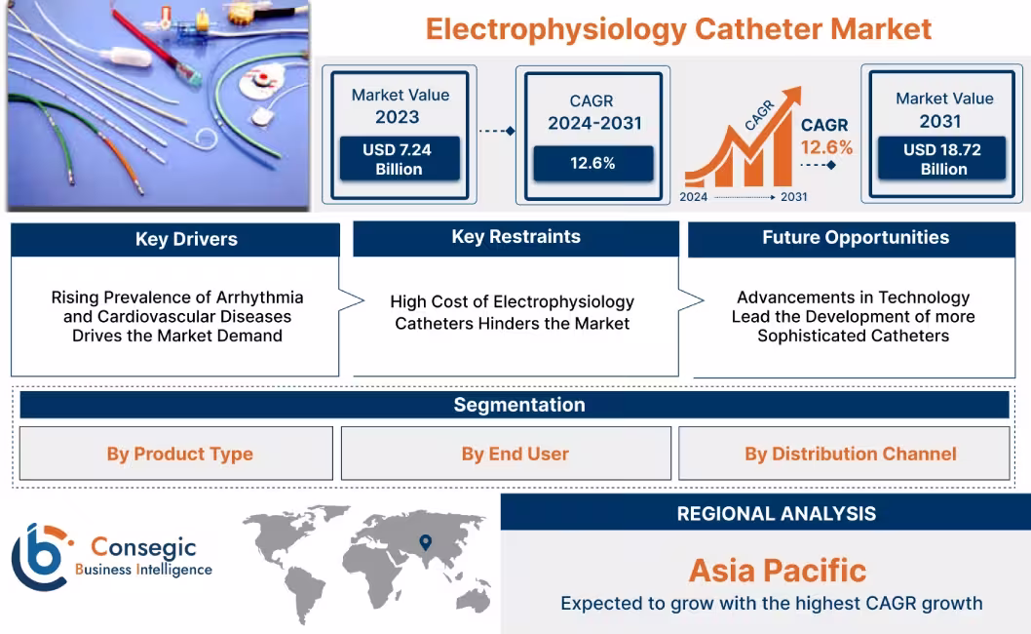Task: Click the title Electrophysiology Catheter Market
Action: pos(679,28)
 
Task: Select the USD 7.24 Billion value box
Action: pos(399,159)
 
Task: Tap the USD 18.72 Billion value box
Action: pos(941,159)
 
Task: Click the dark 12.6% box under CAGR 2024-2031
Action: pos(592,164)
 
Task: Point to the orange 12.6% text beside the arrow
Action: pos(826,147)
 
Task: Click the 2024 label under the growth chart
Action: pos(694,197)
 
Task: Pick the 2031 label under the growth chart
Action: pos(793,197)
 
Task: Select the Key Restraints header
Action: pos(515,237)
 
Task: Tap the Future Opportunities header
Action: pos(856,237)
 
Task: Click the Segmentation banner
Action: pos(518,405)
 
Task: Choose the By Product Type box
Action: pos(179,454)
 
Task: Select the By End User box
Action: pos(515,454)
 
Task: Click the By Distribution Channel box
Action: pos(850,454)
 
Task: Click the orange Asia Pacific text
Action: pos(777,570)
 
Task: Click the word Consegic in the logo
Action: pos(143,548)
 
